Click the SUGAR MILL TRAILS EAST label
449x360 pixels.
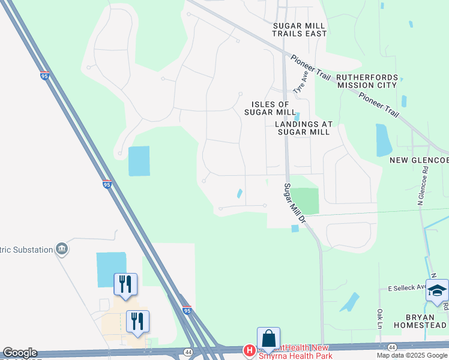tap(299, 29)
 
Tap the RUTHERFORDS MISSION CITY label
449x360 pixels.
tap(366, 81)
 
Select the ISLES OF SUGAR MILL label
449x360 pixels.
tap(270, 108)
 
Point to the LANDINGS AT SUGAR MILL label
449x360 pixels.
tap(303, 128)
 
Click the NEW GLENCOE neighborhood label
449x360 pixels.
tap(419, 160)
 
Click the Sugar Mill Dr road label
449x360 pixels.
tap(295, 203)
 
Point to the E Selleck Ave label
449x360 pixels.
tap(407, 287)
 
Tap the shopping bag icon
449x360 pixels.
tap(268, 339)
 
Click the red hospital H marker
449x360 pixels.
tap(249, 350)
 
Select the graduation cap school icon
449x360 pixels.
tap(438, 291)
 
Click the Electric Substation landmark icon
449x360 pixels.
tap(61, 249)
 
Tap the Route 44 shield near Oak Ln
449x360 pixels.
tap(392, 347)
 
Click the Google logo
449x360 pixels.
tap(19, 353)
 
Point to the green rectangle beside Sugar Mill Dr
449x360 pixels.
tap(305, 200)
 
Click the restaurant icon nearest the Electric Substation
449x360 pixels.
tap(125, 284)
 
